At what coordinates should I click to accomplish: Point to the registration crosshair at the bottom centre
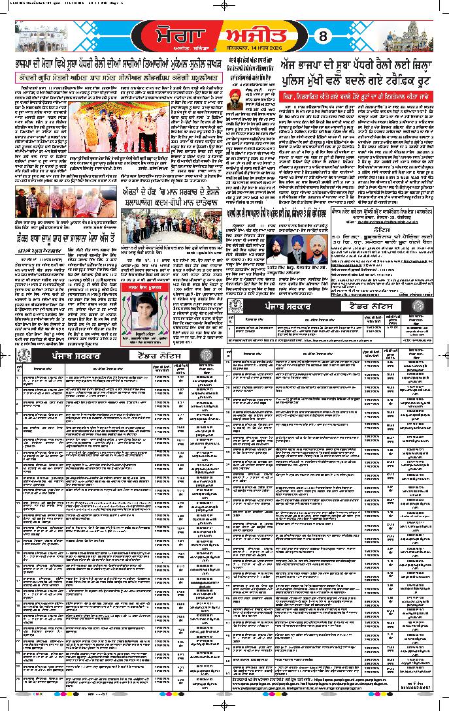(224, 704)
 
